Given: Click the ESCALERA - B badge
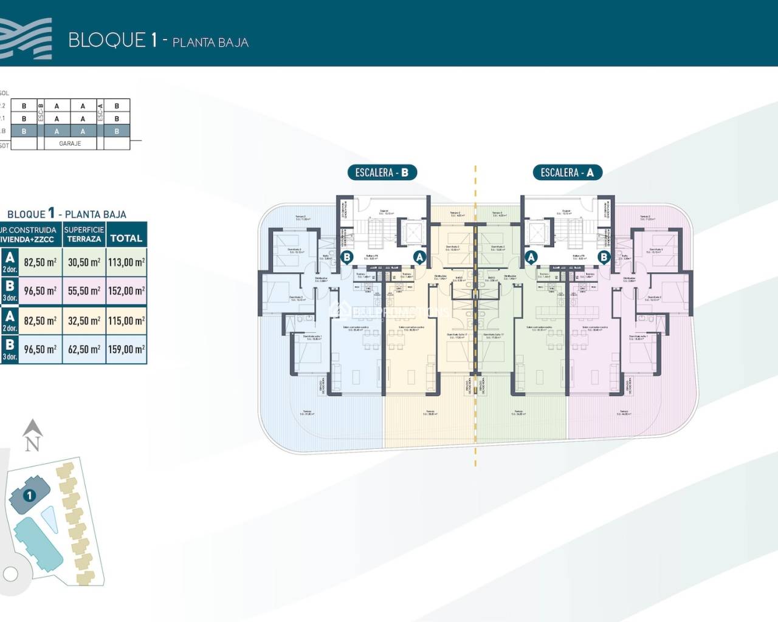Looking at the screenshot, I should point(382,173).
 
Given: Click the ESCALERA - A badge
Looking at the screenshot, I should point(567,173).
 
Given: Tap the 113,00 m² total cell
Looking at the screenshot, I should point(126,262).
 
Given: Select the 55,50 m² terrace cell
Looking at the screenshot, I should point(84,291).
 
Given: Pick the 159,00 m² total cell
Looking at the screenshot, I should point(126,349).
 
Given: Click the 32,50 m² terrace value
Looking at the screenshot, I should point(84,321).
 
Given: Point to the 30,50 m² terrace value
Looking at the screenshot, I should point(84,262).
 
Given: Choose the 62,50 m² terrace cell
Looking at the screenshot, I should point(84,349).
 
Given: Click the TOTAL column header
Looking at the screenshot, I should point(126,238).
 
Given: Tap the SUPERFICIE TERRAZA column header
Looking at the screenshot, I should point(84,234).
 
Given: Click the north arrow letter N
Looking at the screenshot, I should point(32,444).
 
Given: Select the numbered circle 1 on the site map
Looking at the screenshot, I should point(29,496).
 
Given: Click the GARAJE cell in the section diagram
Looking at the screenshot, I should point(70,144).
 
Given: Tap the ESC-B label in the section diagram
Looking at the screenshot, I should point(41,112).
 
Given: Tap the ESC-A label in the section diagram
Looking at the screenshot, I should point(100,112).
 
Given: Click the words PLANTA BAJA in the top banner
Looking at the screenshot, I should point(210,43).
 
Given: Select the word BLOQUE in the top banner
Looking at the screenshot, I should point(107,40).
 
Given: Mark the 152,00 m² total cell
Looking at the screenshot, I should point(126,291).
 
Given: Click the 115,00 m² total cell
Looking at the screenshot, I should point(126,321).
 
